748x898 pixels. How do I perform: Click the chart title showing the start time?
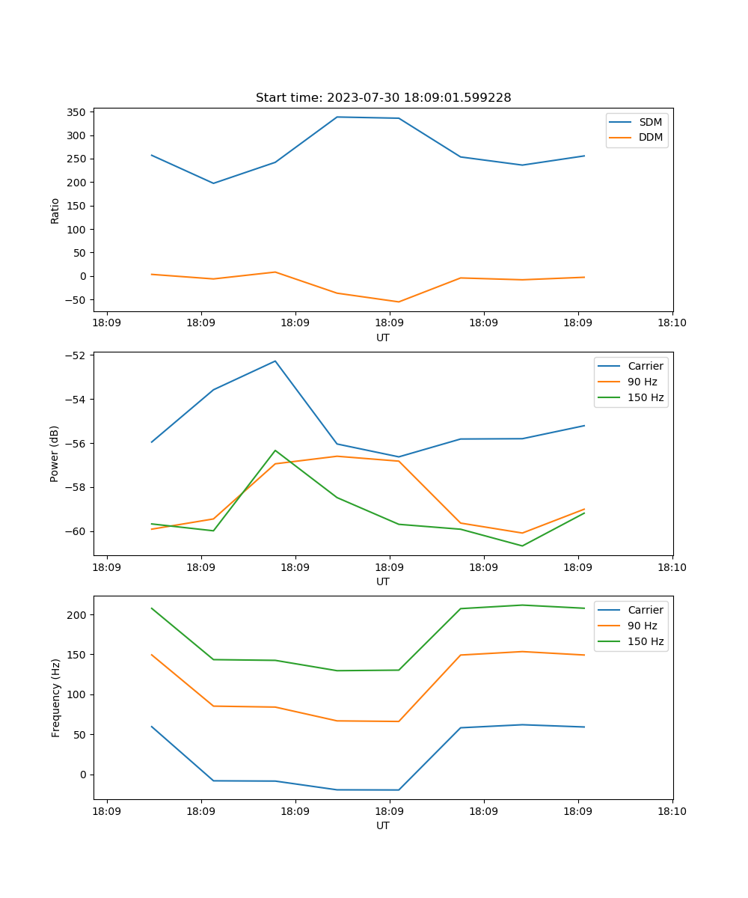[383, 98]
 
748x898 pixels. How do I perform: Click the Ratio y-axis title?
[55, 210]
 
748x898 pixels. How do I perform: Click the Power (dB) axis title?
[55, 454]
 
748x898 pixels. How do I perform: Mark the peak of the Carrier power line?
[275, 361]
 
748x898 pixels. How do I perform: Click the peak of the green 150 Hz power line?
[275, 450]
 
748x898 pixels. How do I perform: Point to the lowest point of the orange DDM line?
[399, 302]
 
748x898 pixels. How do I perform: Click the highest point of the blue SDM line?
[337, 117]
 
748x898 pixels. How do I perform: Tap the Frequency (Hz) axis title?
[55, 698]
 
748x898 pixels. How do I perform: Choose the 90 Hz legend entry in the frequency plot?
[642, 626]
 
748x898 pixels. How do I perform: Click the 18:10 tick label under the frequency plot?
[672, 811]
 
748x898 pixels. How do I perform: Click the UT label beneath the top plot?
[383, 337]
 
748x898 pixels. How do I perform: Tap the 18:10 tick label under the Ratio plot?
[672, 323]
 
